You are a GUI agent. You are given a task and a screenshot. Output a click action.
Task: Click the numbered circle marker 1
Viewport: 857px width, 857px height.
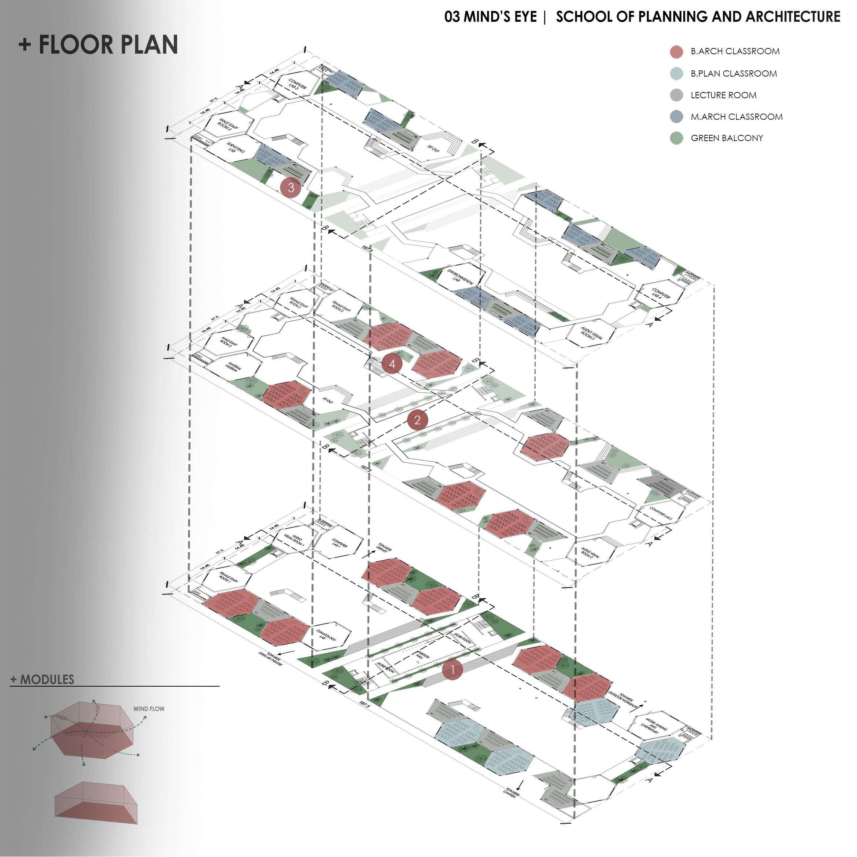pos(452,669)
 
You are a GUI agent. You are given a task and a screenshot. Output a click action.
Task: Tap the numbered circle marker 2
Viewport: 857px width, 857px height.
pos(417,420)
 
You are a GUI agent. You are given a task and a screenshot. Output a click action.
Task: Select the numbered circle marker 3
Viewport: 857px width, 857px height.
pos(291,188)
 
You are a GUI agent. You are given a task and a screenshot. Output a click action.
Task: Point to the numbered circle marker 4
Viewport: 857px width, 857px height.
pos(392,364)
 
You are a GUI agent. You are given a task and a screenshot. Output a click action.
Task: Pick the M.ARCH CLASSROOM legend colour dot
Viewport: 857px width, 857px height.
pos(676,117)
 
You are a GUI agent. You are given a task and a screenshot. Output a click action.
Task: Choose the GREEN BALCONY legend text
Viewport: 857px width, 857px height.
pos(727,138)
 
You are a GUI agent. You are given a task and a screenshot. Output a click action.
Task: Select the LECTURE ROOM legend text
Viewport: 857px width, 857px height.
pos(723,95)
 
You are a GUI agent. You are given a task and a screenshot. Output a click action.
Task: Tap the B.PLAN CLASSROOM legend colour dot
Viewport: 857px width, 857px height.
pos(676,74)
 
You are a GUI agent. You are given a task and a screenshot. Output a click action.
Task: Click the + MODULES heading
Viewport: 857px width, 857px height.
pos(43,679)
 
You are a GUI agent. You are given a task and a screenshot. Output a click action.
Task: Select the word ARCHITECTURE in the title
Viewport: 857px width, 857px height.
pos(793,17)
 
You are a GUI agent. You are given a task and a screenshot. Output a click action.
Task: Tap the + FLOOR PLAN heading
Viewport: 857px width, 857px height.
pos(99,44)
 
